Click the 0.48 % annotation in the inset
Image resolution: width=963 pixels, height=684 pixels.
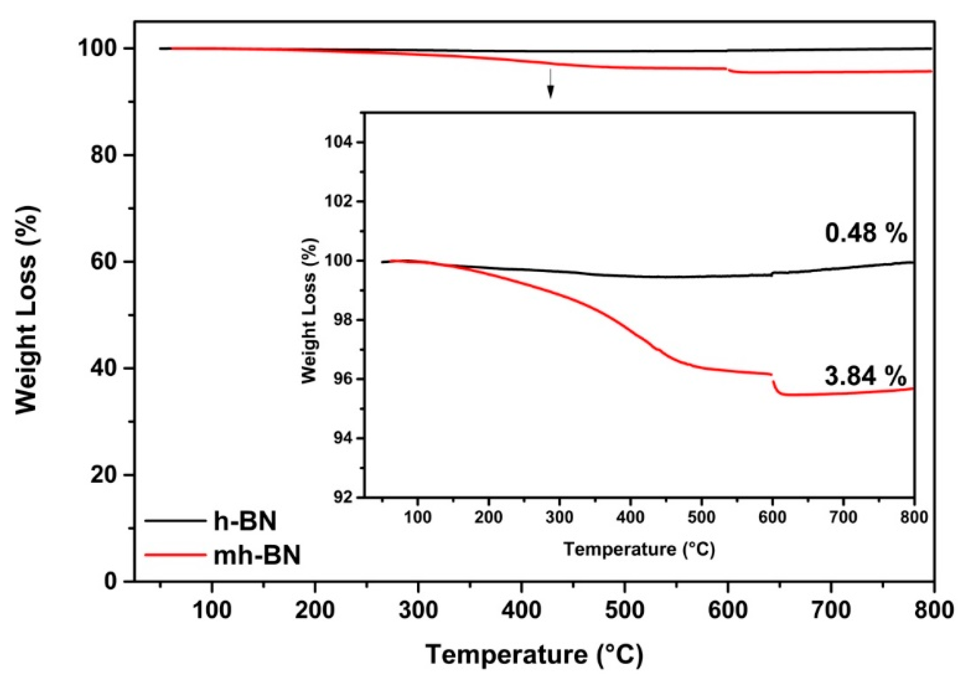point(866,233)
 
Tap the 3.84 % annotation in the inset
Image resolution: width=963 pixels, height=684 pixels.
point(865,377)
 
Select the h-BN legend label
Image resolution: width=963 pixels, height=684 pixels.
point(245,521)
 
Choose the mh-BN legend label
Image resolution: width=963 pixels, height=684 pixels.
point(257,556)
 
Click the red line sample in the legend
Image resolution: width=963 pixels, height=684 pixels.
point(175,555)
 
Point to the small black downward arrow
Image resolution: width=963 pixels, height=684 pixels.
point(550,84)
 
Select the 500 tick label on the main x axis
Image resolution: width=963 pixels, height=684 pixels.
point(624,610)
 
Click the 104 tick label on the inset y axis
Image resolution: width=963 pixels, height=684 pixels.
point(339,143)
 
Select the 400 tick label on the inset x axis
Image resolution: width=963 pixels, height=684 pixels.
point(630,517)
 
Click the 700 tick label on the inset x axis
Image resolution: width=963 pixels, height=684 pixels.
point(843,517)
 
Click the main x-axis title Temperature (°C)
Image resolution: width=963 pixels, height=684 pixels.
point(534,655)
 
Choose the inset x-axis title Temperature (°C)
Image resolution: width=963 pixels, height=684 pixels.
point(639,549)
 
